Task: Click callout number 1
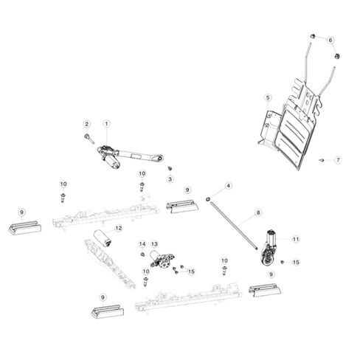(106, 124)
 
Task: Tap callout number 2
(86, 124)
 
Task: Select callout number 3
(170, 179)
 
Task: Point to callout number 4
(229, 186)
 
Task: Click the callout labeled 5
(268, 97)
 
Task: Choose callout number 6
(330, 40)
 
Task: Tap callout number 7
(338, 160)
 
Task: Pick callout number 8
(258, 212)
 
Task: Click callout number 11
(296, 239)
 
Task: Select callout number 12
(119, 228)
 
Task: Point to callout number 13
(154, 244)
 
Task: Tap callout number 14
(142, 244)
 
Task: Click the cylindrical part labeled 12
(103, 238)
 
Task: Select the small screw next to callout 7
(322, 160)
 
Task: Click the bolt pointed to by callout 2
(89, 139)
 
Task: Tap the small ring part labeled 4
(208, 198)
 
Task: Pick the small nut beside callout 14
(142, 255)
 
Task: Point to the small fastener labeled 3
(170, 168)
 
